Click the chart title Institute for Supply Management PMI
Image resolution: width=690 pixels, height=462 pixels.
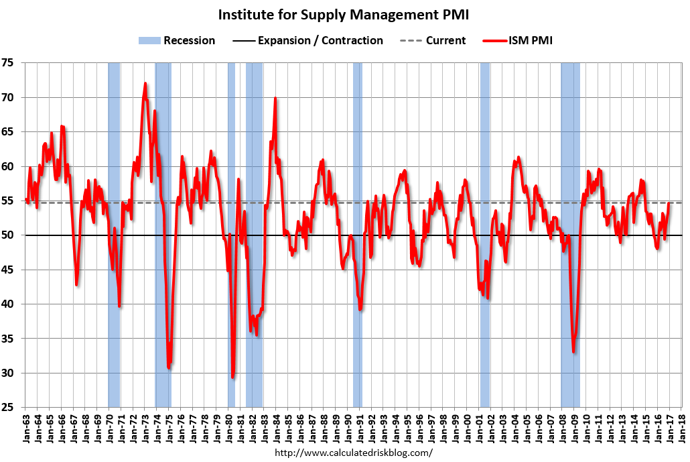click(345, 15)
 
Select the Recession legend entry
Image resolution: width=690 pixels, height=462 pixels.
click(177, 40)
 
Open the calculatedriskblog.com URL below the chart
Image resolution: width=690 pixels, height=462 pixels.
click(354, 453)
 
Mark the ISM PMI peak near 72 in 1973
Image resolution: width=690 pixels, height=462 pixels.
click(145, 84)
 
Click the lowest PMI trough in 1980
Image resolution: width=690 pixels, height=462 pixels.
click(232, 377)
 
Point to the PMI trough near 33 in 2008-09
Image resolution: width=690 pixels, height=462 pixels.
click(573, 351)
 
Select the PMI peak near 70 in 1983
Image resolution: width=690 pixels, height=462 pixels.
click(275, 99)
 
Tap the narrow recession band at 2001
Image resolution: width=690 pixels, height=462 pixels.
click(484, 168)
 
